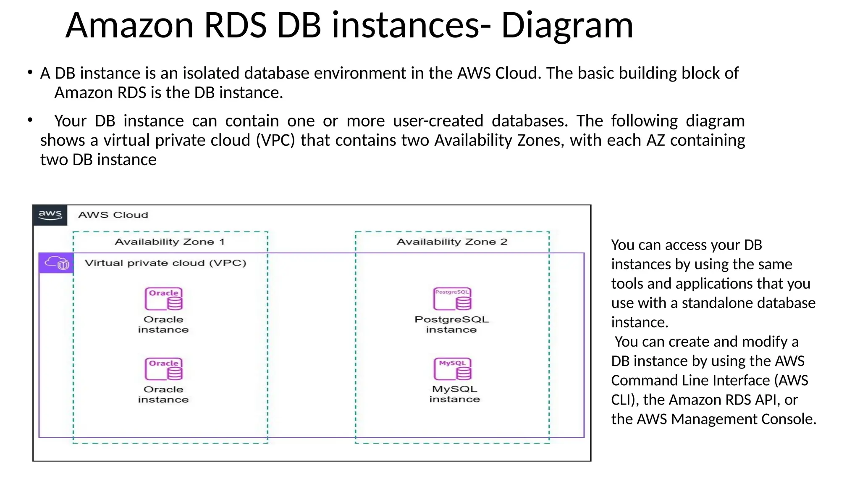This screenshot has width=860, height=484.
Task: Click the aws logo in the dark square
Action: [50, 215]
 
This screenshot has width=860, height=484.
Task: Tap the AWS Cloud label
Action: [113, 215]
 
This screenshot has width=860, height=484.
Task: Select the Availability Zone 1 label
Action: [170, 242]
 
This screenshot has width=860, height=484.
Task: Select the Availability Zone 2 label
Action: [452, 242]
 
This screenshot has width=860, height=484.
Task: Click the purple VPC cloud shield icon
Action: [57, 263]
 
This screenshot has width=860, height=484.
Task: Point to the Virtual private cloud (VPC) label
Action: [165, 263]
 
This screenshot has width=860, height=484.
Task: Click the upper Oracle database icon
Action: [164, 299]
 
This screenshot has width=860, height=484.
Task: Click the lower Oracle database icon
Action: [164, 369]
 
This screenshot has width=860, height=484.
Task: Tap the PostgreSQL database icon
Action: [452, 299]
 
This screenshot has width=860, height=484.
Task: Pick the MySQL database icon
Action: [453, 369]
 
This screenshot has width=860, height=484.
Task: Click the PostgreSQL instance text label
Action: [451, 324]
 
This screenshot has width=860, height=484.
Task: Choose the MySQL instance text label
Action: [454, 394]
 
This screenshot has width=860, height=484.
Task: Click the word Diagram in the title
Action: [567, 26]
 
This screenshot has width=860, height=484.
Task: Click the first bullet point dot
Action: [30, 73]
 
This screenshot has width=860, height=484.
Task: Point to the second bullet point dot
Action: [30, 121]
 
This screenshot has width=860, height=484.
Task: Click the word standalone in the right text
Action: [713, 303]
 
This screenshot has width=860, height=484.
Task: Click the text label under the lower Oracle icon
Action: [163, 395]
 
